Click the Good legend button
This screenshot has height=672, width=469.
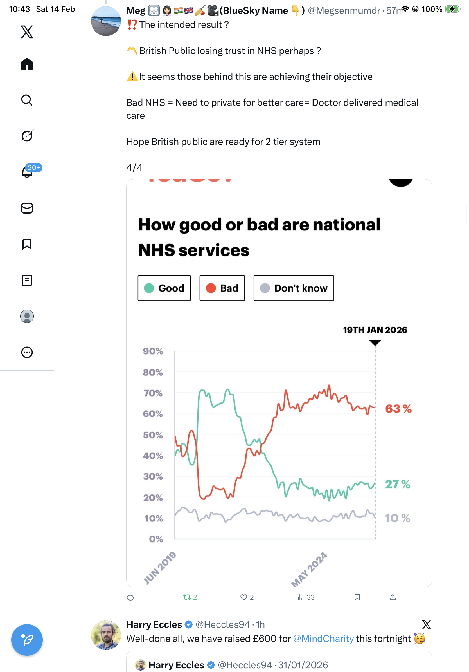point(164,288)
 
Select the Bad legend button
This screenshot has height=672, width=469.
point(222,288)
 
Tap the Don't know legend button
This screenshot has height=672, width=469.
point(294,288)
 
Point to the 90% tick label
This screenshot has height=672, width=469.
point(153,351)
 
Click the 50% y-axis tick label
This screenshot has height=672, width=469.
point(153,435)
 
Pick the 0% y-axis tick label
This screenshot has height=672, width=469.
point(156,539)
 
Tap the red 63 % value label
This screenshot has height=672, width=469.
point(398,409)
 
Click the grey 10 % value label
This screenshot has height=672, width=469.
point(398,518)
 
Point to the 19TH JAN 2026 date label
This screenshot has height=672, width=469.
point(375,330)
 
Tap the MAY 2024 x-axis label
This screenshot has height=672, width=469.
point(309,569)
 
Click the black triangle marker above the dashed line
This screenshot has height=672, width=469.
point(375,342)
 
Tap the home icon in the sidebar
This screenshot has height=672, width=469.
point(27,64)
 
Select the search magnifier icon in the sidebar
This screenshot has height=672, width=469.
point(27,100)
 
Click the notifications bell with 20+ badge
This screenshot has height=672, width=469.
point(27,172)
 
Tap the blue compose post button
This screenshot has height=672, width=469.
point(27,640)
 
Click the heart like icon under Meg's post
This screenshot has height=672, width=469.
point(243,597)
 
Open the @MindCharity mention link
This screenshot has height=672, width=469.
point(323,639)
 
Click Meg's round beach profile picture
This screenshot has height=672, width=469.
point(106,21)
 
